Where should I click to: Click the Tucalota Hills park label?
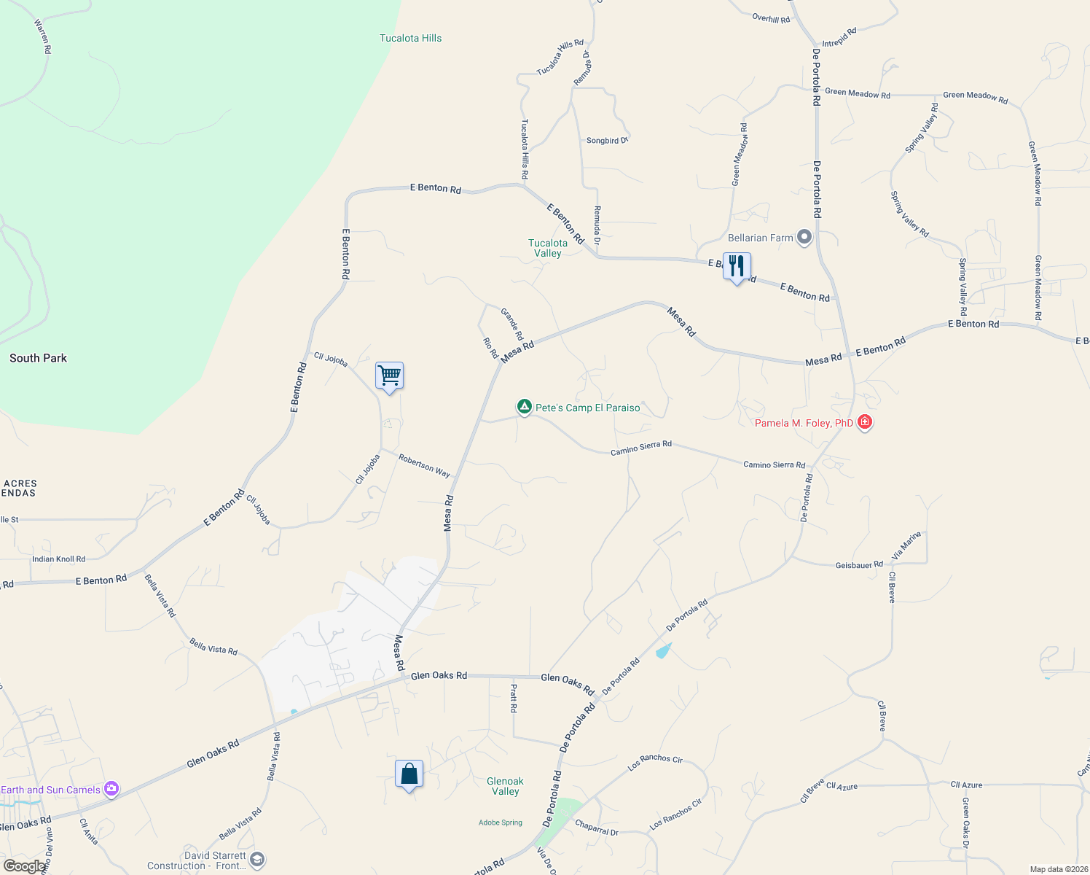[x=410, y=38]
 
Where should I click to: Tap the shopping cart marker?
[x=390, y=376]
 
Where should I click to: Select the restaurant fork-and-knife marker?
[x=737, y=266]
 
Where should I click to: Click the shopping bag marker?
[x=409, y=774]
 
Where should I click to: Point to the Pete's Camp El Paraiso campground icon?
[x=524, y=407]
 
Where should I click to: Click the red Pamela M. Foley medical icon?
[x=865, y=422]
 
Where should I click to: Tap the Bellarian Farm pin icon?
[x=804, y=238]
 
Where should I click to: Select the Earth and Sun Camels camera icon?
[x=111, y=789]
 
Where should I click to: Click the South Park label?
[x=38, y=358]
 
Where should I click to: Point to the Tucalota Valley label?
[x=547, y=248]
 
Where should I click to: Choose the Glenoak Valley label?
[x=505, y=786]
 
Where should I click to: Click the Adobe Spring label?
[x=501, y=822]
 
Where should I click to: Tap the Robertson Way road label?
[x=424, y=465]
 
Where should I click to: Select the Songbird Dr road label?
[x=607, y=140]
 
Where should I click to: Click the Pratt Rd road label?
[x=514, y=698]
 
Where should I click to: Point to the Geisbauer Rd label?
[x=859, y=565]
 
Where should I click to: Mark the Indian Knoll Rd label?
[x=58, y=559]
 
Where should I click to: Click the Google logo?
[x=24, y=866]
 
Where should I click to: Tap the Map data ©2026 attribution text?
[x=1059, y=869]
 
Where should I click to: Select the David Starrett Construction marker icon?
[x=257, y=860]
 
